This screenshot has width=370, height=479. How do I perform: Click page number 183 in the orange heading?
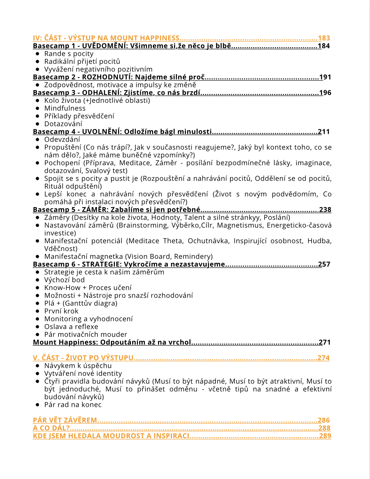[x=324, y=38]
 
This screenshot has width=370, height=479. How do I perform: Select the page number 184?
[x=324, y=46]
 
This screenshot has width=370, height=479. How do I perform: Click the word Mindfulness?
[x=65, y=108]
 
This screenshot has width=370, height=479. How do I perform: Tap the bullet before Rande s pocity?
[x=37, y=54]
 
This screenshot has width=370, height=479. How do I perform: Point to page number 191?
[x=325, y=77]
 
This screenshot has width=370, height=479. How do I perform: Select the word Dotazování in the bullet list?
[x=63, y=124]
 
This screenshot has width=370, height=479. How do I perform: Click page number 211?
[x=323, y=132]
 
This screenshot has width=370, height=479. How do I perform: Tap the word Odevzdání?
[x=62, y=139]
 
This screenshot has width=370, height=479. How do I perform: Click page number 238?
[x=325, y=210]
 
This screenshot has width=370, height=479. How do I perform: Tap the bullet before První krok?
[x=37, y=311]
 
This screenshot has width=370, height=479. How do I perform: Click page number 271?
[x=324, y=342]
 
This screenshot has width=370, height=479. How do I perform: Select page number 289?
[x=325, y=436]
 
